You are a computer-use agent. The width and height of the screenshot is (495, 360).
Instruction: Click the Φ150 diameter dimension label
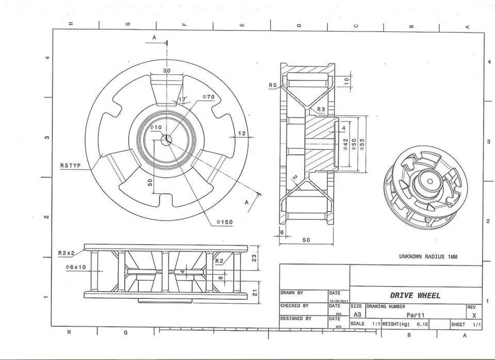pos(224,222)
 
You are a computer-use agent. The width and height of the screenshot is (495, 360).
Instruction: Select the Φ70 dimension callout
pos(208,97)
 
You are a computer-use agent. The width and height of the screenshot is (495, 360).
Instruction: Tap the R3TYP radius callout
pos(71,165)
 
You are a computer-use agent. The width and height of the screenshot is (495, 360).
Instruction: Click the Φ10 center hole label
pos(156,128)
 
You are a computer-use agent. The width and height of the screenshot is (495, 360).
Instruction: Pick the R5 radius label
pos(273,85)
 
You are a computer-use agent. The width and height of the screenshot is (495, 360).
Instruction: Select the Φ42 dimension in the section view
pos(345,143)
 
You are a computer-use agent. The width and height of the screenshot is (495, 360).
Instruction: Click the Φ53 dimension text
pos(362,143)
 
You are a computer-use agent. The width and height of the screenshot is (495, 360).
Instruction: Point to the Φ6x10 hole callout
pos(75,267)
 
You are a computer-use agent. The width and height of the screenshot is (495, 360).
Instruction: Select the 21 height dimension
pos(254,292)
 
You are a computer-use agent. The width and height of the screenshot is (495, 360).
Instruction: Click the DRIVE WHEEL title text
pos(415,295)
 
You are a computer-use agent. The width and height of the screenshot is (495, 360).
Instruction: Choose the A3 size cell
pos(357,315)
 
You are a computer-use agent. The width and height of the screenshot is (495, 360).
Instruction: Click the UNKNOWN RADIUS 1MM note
pos(428,256)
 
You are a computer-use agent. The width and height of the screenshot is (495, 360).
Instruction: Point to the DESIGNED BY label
pos(296,318)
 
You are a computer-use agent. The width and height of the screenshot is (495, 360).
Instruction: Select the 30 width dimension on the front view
pos(166,71)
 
